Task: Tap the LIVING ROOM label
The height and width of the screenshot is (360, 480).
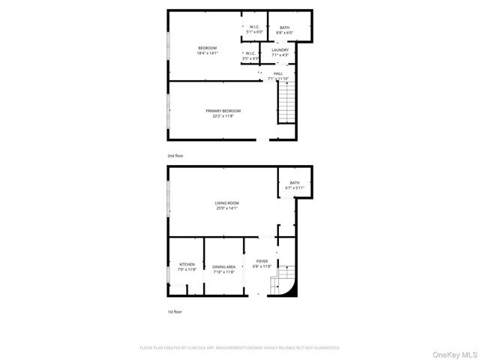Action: click(x=226, y=202)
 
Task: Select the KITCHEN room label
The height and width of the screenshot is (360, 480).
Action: click(x=186, y=265)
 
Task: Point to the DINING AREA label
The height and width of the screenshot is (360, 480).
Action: click(x=223, y=267)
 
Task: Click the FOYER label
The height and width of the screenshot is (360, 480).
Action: click(x=261, y=261)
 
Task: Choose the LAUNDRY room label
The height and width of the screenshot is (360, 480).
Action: click(x=280, y=50)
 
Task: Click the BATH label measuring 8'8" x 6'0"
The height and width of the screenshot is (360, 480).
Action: click(x=284, y=28)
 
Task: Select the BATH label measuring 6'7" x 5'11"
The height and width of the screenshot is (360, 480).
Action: click(x=295, y=183)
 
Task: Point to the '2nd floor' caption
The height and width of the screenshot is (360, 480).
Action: click(x=175, y=155)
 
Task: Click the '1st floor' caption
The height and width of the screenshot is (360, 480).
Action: click(x=174, y=311)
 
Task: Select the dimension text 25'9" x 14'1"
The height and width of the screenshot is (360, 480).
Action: click(x=226, y=208)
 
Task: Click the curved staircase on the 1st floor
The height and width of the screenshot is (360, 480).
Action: click(x=288, y=280)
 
